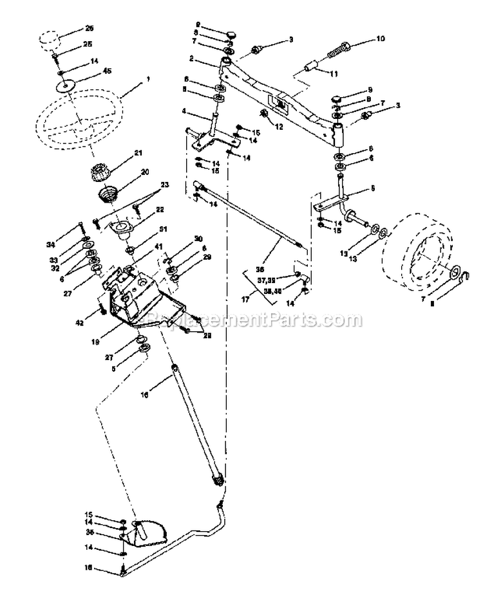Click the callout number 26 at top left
point(89,29)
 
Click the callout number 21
point(137,154)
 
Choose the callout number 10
point(379,40)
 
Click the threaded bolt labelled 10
point(336,50)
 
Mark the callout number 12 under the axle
point(279,127)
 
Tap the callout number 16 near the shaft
point(143,396)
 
